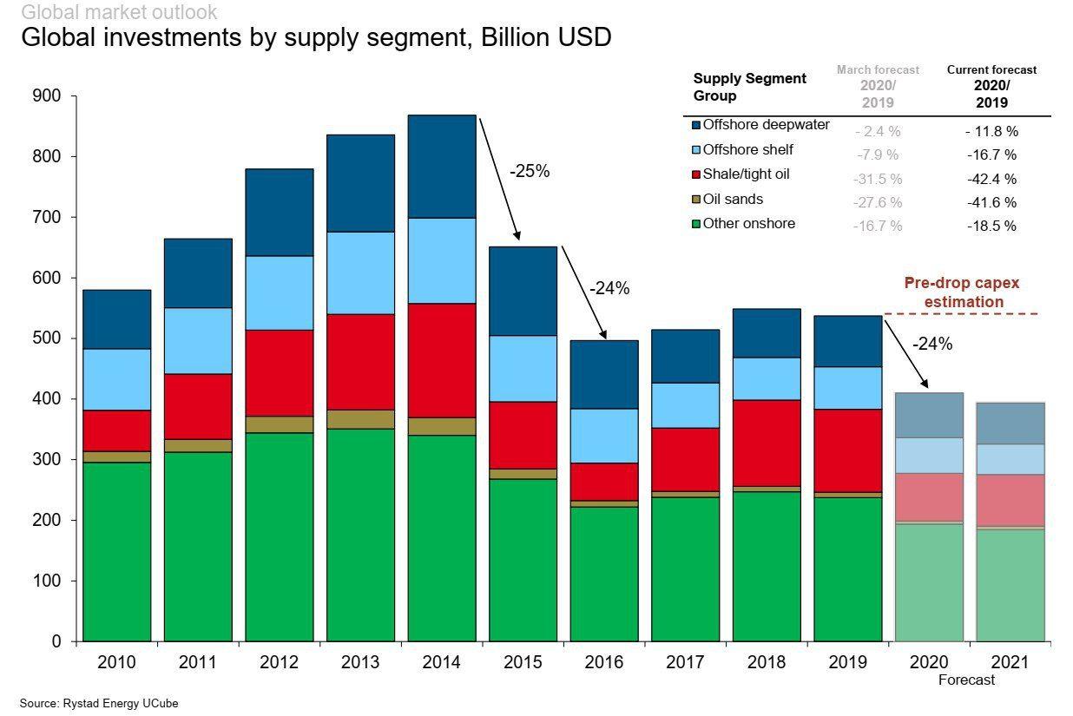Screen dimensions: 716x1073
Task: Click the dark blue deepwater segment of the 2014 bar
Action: tap(442, 166)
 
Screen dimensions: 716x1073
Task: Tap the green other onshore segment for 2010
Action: tap(116, 551)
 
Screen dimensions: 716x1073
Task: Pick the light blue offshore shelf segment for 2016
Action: tap(604, 436)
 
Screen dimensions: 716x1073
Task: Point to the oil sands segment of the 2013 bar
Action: tap(360, 419)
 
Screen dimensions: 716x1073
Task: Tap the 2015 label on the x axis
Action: tap(523, 663)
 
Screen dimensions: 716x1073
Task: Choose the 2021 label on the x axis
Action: tap(1010, 663)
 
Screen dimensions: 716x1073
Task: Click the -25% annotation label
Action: tap(530, 172)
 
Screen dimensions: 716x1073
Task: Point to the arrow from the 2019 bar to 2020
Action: tap(905, 352)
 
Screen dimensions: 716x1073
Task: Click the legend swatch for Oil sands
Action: tap(696, 200)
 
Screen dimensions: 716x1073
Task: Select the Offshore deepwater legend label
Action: tap(766, 125)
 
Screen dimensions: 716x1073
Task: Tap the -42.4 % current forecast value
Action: tap(991, 180)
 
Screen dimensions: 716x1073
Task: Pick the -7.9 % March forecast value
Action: tap(877, 155)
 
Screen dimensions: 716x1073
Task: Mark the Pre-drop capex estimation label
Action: tap(961, 292)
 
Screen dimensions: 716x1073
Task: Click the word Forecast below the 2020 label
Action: tap(966, 680)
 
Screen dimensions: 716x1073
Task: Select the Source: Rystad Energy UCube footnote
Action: tap(99, 704)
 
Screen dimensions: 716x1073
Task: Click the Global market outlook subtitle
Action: tap(119, 12)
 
